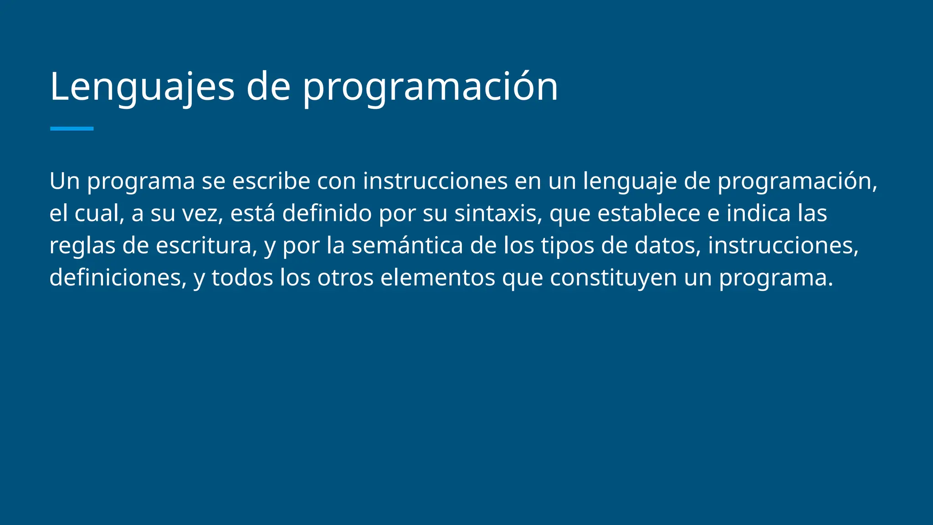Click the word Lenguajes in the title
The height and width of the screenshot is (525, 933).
click(x=142, y=87)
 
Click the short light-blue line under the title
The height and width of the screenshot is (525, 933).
click(x=72, y=129)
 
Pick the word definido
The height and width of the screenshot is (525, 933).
click(x=327, y=213)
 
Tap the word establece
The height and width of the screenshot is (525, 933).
click(x=648, y=213)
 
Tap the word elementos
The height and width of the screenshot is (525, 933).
click(x=437, y=278)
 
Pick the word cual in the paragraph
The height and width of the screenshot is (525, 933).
click(x=99, y=213)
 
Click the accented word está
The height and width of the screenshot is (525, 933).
click(x=252, y=213)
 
